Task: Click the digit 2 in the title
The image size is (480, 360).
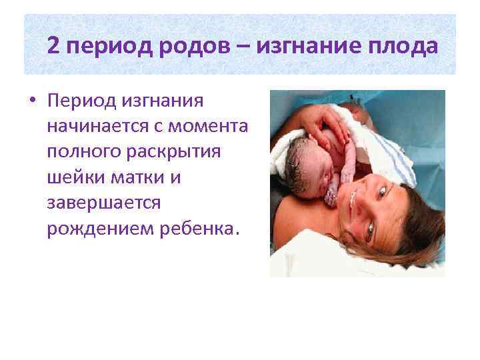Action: pyautogui.click(x=55, y=46)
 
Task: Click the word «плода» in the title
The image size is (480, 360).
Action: pyautogui.click(x=406, y=47)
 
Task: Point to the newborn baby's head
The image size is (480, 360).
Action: pyautogui.click(x=303, y=159)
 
